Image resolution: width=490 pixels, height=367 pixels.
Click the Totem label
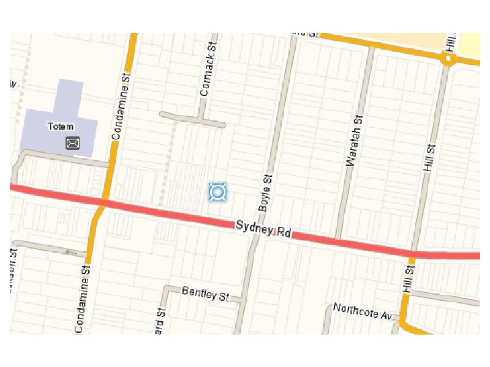click(59, 127)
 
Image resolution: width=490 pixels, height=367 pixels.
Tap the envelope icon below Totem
click(72, 143)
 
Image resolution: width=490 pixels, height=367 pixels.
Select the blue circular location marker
click(217, 192)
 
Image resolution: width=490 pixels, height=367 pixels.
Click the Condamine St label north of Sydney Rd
click(121, 107)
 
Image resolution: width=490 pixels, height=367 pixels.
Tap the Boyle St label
click(265, 193)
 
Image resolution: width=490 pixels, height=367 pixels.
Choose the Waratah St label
click(354, 141)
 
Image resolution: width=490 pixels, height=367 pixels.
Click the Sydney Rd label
click(263, 229)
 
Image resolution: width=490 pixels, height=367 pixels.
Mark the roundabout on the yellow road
click(449, 59)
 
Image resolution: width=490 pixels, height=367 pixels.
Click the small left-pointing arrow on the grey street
click(71, 252)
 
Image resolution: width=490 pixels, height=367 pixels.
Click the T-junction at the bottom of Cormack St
click(199, 119)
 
